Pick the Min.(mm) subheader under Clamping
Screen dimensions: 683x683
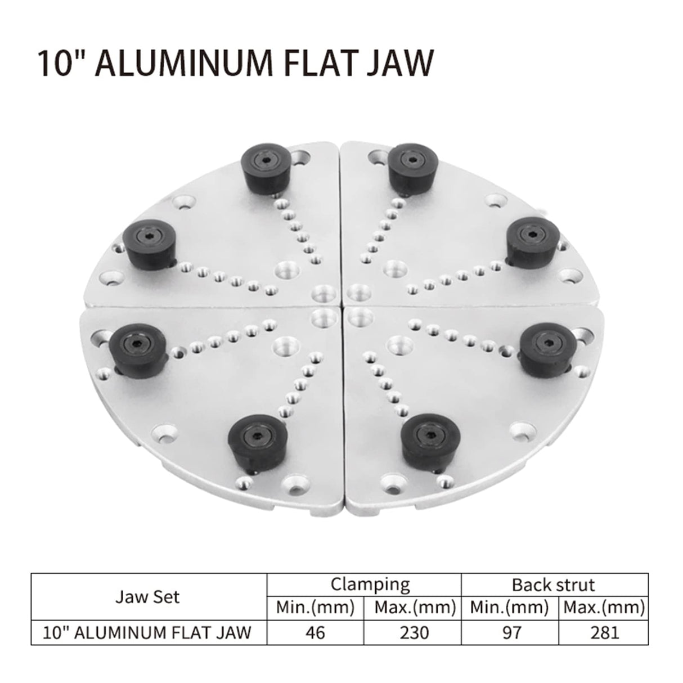coord(315,608)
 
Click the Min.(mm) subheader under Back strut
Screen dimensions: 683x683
coord(509,608)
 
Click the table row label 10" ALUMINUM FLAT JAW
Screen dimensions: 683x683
coord(148,632)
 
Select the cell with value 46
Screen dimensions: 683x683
coord(315,632)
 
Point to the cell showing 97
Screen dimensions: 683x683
coord(509,632)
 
